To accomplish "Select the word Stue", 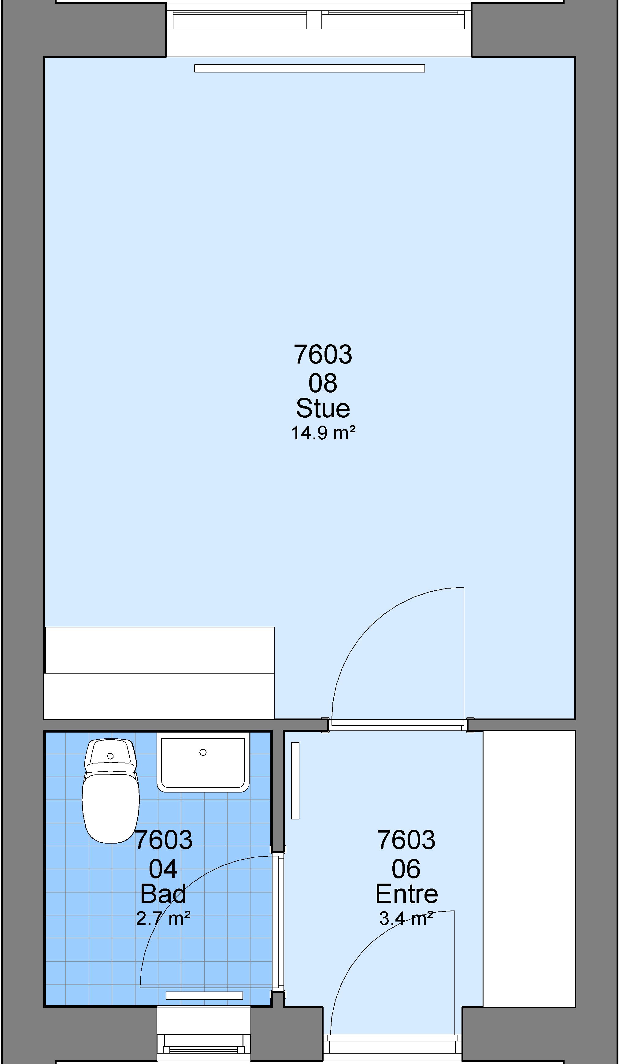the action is [323, 408].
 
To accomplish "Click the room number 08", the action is [323, 383].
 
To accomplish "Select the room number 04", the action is [163, 869].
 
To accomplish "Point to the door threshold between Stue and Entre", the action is [398, 725].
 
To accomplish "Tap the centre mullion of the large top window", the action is [314, 20].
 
